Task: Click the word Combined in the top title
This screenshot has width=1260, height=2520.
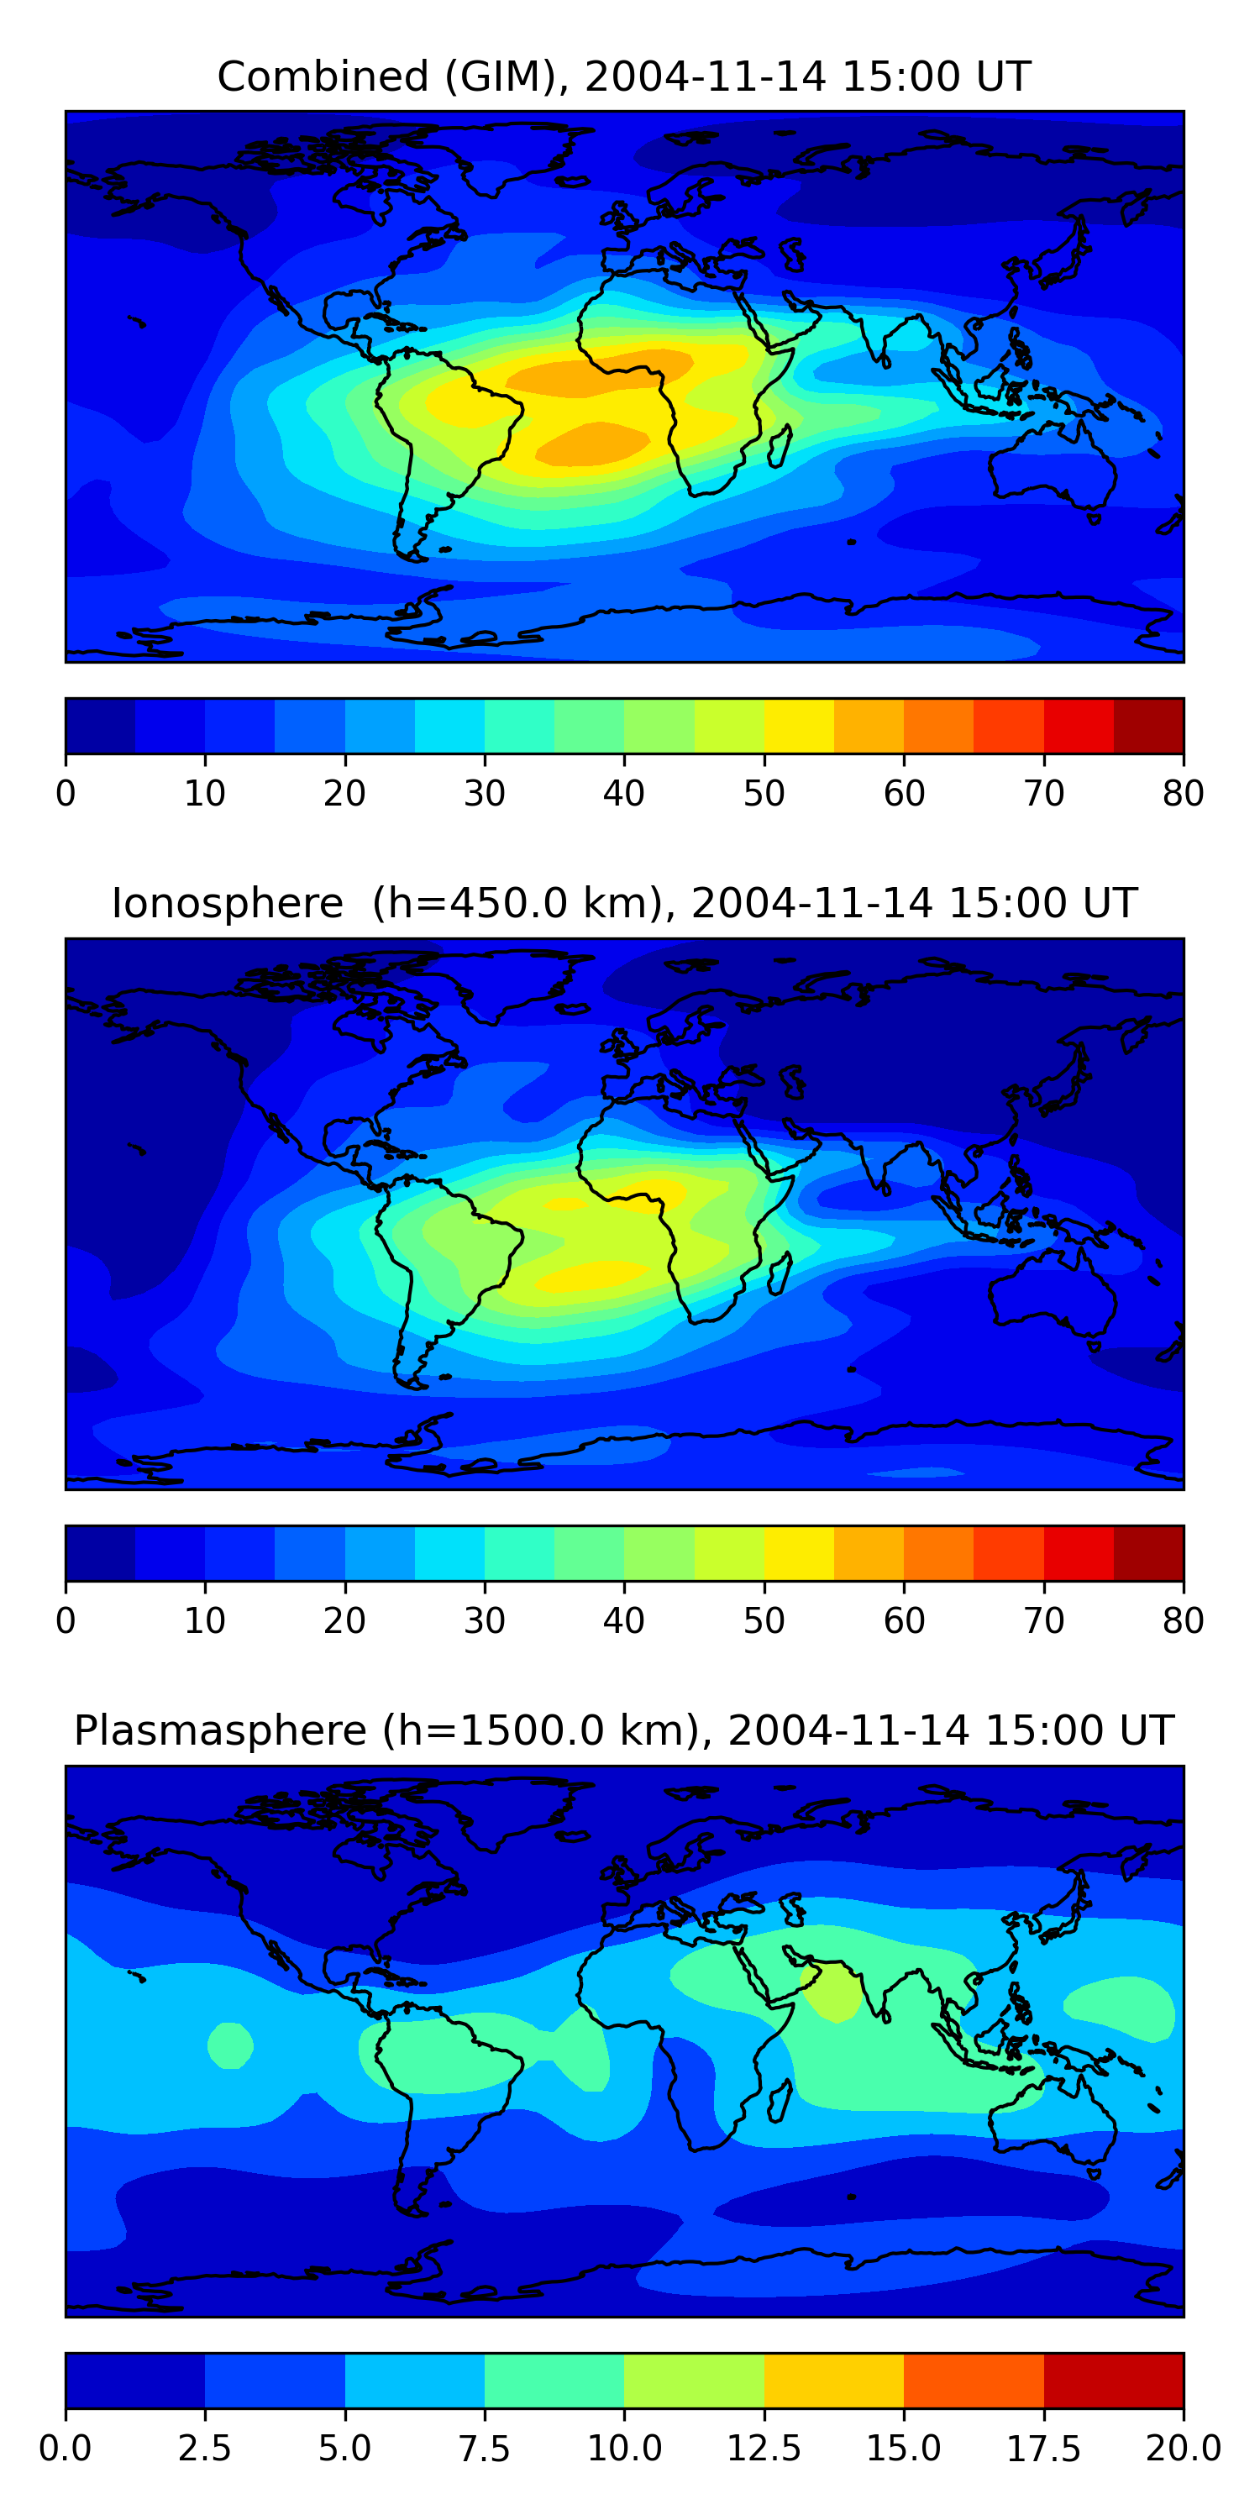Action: click(323, 76)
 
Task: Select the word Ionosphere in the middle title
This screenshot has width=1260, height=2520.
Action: click(227, 903)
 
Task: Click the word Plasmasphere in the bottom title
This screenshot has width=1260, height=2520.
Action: click(220, 1730)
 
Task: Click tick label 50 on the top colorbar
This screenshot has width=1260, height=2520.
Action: click(763, 793)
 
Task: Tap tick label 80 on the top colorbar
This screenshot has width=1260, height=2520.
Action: click(1183, 793)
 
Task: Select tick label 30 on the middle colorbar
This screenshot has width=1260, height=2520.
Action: click(484, 1621)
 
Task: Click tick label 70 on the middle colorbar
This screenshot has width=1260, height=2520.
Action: click(1042, 1621)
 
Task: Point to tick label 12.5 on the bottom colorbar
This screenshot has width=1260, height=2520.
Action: click(763, 2449)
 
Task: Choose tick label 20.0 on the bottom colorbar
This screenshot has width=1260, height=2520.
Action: click(1183, 2449)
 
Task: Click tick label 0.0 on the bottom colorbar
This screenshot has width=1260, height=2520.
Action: click(66, 2449)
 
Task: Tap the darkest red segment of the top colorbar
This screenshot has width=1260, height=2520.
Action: click(1148, 726)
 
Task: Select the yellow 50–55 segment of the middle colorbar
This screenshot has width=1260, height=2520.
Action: click(798, 1552)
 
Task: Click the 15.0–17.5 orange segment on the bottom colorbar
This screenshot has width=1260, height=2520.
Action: click(974, 2380)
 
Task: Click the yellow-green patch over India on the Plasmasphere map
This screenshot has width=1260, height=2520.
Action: click(832, 1989)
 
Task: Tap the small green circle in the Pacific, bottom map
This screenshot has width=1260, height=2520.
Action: click(230, 2045)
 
